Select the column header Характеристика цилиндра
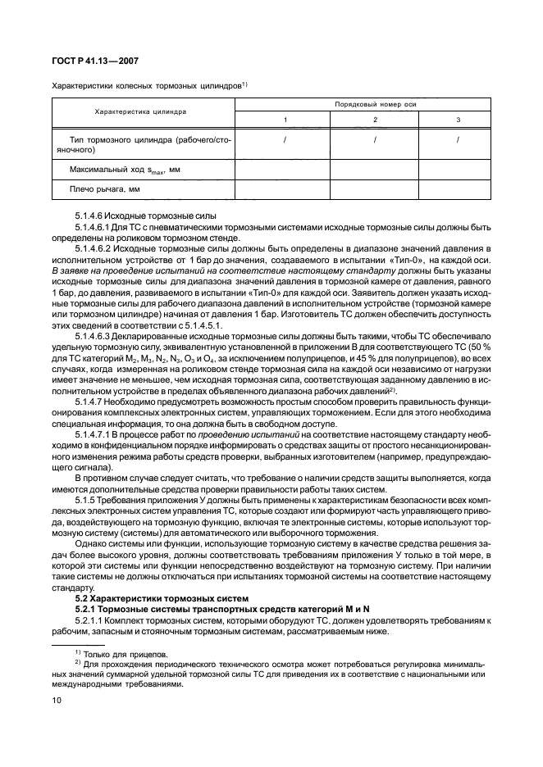[x=142, y=111]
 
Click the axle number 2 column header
[x=374, y=120]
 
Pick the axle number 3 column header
[x=458, y=120]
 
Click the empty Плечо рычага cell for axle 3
[x=458, y=190]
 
